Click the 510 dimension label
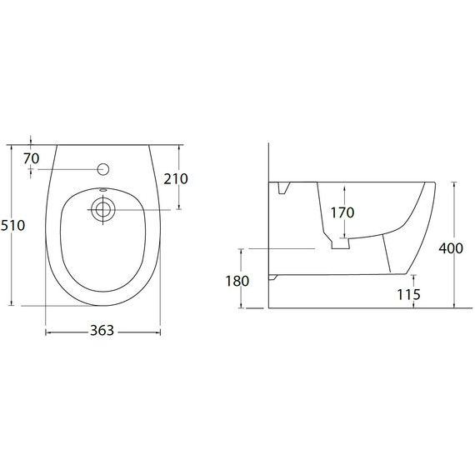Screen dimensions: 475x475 tap(12, 226)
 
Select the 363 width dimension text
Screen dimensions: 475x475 tap(102, 331)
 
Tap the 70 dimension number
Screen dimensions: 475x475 tap(32, 158)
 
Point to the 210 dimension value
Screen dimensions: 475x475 tap(176, 179)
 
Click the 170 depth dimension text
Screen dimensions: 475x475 tap(342, 212)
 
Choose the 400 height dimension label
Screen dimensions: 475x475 tap(451, 248)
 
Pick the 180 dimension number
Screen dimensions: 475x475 tap(237, 281)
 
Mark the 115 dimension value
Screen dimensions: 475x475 tap(408, 294)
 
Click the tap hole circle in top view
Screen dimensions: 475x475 tap(103, 169)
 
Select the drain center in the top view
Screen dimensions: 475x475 tap(103, 210)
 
